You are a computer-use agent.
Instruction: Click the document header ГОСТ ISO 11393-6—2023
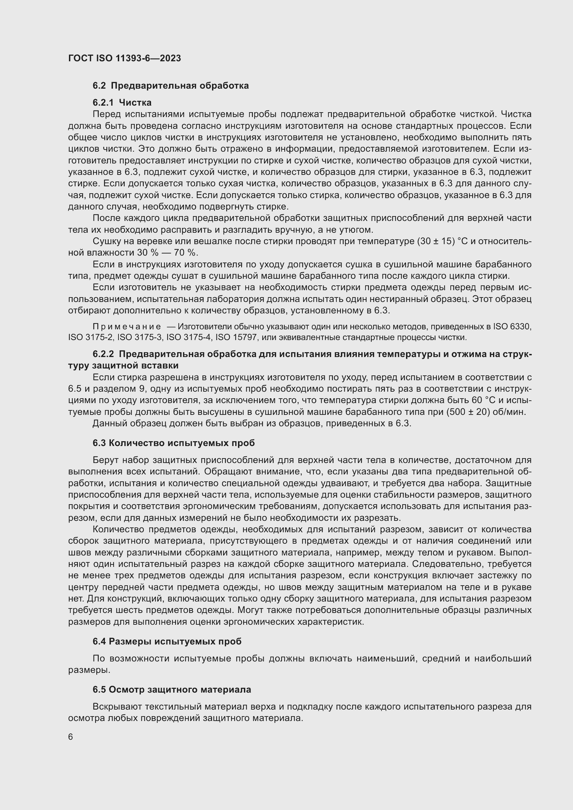(125, 58)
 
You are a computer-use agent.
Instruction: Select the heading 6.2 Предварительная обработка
(170, 86)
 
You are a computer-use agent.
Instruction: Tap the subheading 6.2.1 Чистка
(122, 103)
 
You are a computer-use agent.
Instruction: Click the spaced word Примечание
(127, 327)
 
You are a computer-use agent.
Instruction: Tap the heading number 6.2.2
(103, 354)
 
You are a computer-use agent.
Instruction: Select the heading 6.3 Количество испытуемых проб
(174, 443)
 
